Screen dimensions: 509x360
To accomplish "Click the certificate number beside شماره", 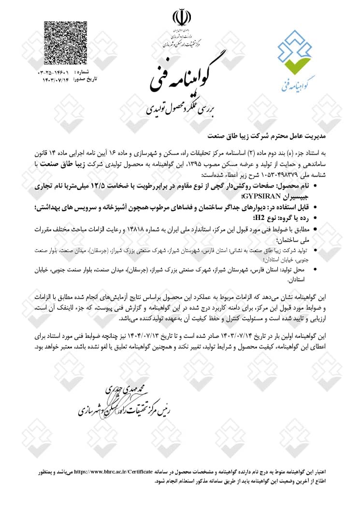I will (55, 72).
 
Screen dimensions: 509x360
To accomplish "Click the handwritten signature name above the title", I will (128, 390).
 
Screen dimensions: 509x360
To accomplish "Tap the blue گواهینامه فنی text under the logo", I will (297, 84).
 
